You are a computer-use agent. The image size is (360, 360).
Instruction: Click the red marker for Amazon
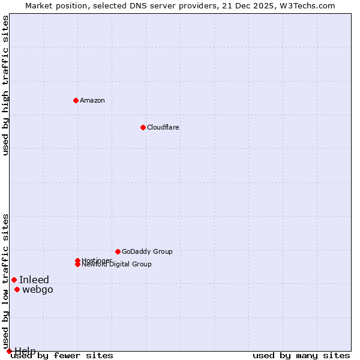point(76,100)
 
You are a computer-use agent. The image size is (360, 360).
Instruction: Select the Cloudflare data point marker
point(143,127)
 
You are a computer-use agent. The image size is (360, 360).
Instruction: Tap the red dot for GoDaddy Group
point(118,251)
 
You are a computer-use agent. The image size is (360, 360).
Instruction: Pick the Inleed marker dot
point(14,280)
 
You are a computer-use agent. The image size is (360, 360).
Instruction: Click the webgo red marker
point(17,290)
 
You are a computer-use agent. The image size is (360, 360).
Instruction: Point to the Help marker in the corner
point(9,351)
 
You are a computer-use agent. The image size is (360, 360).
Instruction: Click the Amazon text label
point(92,100)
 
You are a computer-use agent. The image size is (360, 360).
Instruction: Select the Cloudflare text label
point(163,127)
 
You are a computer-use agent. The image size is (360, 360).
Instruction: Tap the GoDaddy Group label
point(147,251)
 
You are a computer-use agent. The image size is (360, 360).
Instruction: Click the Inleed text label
point(34,280)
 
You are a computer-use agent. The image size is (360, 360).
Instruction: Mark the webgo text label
point(38,290)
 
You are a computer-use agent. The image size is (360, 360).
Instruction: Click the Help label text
point(25,351)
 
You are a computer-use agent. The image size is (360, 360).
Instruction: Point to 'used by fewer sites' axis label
point(62,356)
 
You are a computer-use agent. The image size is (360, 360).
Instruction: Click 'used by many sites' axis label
point(301,356)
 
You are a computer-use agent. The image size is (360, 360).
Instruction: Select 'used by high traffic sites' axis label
point(5,85)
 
